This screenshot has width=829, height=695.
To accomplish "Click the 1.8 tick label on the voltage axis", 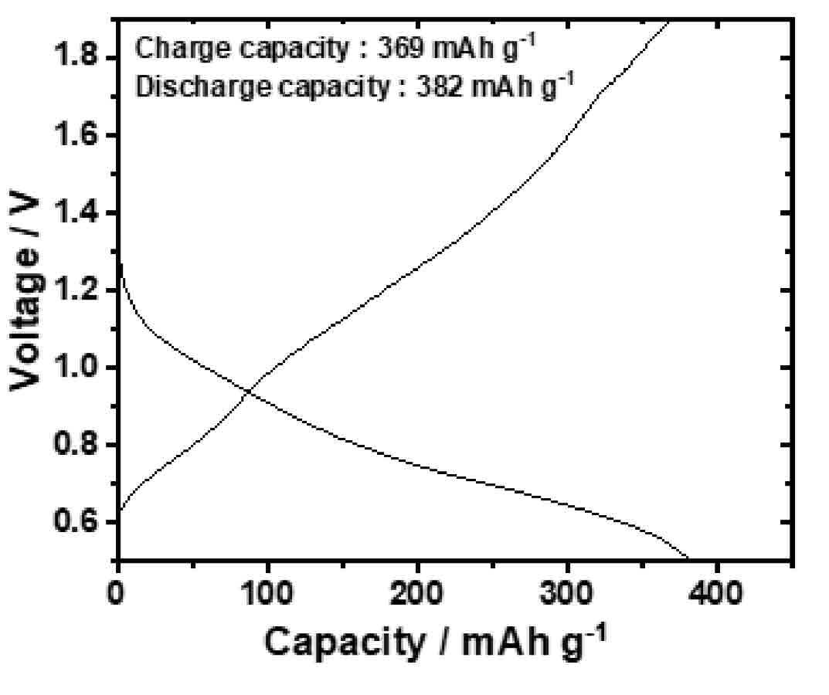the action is coord(76,56).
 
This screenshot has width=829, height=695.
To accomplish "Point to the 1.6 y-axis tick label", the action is coord(76,135).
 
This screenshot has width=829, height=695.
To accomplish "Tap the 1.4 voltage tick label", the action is coord(76,212).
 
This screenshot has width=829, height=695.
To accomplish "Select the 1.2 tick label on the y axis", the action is coord(76,290).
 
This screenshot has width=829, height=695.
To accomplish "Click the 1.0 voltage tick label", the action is coord(76,368).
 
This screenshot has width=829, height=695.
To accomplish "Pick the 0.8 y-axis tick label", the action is coord(76,445).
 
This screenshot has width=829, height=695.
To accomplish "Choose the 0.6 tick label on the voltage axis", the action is coord(76,522).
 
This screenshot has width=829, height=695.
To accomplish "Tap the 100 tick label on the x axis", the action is coord(267,592).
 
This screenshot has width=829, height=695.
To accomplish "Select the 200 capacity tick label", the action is coord(416,592).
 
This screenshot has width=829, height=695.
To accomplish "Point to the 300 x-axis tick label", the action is coord(566,592).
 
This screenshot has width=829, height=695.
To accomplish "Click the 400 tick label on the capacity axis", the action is coord(716,592).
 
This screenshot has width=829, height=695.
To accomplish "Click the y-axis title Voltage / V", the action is coord(25,293).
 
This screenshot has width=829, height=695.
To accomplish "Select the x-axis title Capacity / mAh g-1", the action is coord(434,640).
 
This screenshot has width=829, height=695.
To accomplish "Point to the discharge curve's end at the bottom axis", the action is coord(688,558).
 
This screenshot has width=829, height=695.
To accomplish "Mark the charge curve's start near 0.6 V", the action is coord(120,510).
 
